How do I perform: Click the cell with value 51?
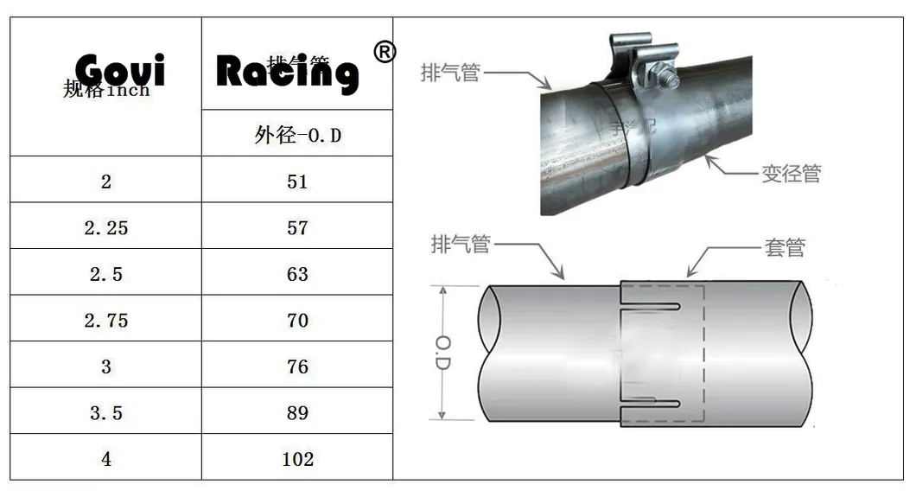coord(297,182)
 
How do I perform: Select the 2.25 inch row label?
coord(105,228)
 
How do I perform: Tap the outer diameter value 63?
coord(297,274)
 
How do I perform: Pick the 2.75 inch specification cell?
coord(105,321)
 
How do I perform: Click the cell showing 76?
coord(297,366)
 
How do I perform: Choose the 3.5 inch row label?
coord(105,413)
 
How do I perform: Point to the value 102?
coord(297,459)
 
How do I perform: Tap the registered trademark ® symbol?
coord(385,52)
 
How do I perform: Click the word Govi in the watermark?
coord(119,70)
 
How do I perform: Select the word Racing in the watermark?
coord(286,72)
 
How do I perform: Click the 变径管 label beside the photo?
coord(790,174)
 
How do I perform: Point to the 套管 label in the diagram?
coord(784,248)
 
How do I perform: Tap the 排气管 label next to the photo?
coord(449,73)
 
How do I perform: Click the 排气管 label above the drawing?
coord(460,245)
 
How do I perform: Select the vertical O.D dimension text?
coord(442,354)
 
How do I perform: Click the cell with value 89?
coord(297,413)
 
